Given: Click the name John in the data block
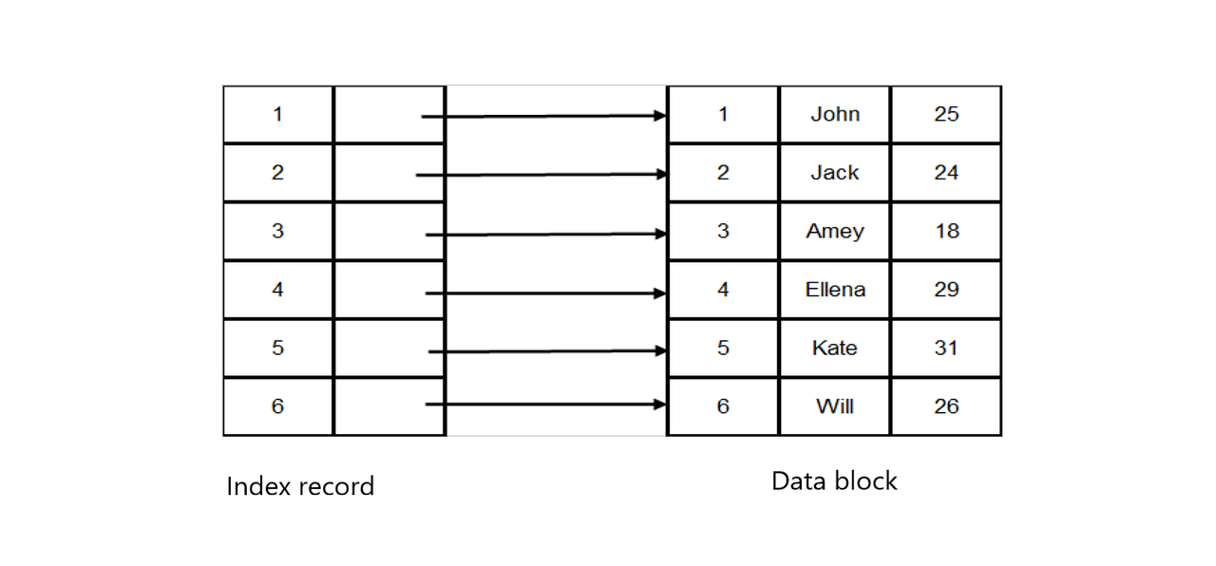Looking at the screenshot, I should click(x=834, y=114).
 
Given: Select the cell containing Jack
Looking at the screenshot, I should click(x=834, y=173).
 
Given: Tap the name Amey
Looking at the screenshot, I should click(x=834, y=231).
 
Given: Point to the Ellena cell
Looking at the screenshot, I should click(x=834, y=290).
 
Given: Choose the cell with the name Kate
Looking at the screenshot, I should click(x=834, y=348).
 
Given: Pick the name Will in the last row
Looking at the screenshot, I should click(x=834, y=406).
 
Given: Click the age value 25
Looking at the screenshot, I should click(x=945, y=114).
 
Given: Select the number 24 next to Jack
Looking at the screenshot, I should click(x=945, y=173).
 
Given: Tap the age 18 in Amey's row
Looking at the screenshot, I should click(x=946, y=231).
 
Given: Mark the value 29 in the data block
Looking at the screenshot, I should click(x=945, y=290).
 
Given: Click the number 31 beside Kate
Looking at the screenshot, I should click(x=945, y=348).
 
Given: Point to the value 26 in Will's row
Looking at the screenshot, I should click(x=945, y=406).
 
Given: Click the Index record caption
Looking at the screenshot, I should click(x=300, y=486).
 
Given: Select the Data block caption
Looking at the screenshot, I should click(x=833, y=481).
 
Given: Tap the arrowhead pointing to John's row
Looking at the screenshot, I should click(x=659, y=116).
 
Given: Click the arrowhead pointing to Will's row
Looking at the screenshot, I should click(x=659, y=405).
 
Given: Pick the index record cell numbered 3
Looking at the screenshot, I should click(x=277, y=231).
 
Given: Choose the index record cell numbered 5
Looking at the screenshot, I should click(x=277, y=348).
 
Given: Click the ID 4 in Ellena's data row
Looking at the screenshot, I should click(x=723, y=290).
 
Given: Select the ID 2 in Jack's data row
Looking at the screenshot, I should click(x=723, y=173).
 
